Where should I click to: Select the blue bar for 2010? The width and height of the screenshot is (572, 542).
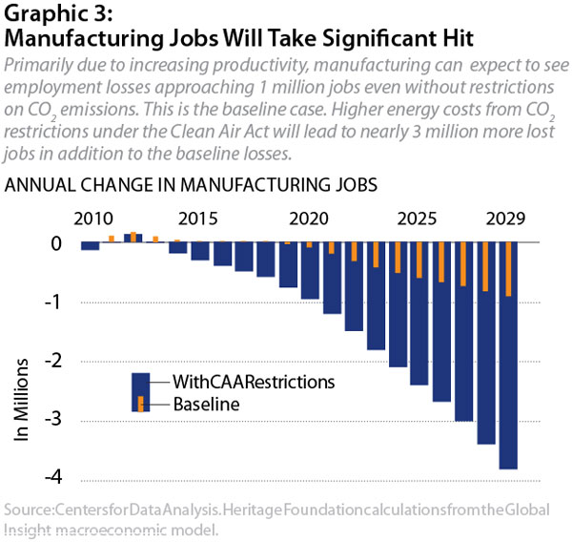(91, 246)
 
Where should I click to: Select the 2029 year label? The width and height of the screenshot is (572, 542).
(504, 219)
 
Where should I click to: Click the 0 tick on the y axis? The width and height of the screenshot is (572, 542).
(56, 244)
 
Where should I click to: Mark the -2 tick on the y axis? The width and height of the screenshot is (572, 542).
(55, 362)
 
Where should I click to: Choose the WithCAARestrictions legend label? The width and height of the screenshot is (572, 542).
(255, 381)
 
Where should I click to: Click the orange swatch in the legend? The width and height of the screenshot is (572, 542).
(141, 404)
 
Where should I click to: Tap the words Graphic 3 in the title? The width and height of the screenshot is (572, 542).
(53, 14)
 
